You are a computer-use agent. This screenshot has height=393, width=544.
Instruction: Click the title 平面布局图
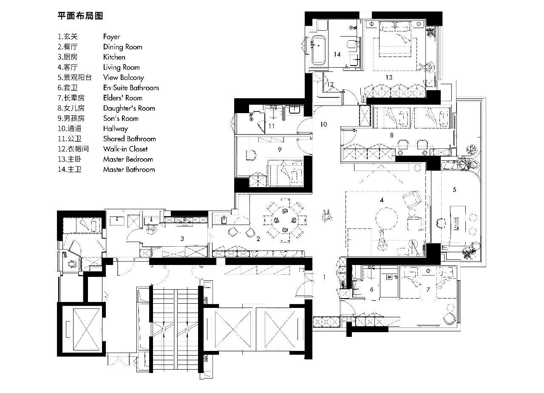pos(80,16)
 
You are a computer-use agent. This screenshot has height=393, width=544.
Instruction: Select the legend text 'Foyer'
pos(111,37)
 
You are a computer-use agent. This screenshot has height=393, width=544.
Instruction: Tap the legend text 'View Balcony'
pos(123,77)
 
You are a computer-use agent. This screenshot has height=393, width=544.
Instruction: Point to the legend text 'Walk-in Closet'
pos(125,149)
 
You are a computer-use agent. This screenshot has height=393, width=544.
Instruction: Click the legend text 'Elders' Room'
pos(122,98)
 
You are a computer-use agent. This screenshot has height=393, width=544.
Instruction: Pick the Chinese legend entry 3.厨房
pos(68,57)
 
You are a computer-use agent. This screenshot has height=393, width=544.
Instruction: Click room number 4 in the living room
pos(382,199)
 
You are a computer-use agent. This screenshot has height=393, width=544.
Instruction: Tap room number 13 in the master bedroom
pos(388,77)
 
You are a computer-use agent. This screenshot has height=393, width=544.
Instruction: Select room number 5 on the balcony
pos(454,189)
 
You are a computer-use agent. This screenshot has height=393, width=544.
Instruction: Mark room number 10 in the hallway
pos(323,124)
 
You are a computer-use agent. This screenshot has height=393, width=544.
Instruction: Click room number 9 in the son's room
pos(279,149)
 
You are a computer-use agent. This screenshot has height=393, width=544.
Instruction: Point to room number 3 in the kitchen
pos(182,239)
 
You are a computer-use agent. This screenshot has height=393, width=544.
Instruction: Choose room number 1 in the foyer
pos(324,277)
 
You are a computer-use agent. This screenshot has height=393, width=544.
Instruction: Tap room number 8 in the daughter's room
pos(391,134)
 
